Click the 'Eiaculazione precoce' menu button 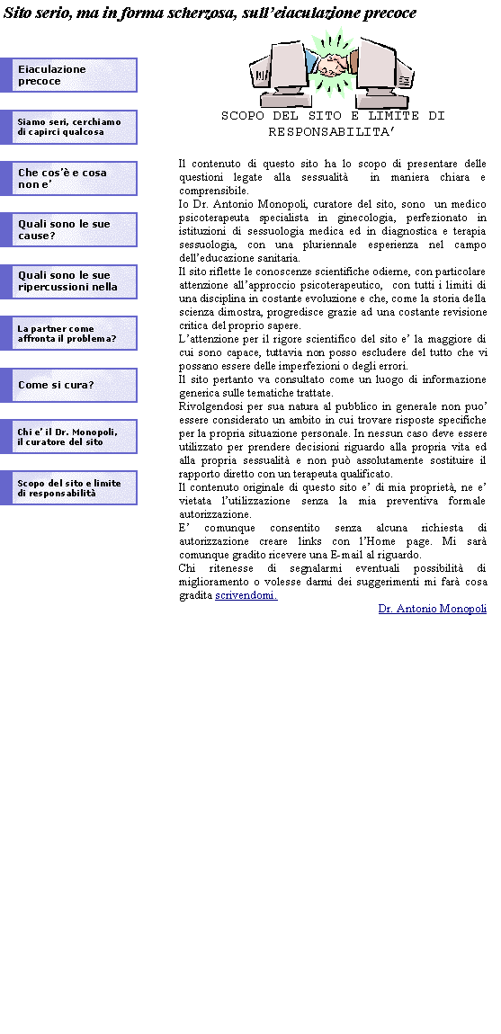click(x=68, y=76)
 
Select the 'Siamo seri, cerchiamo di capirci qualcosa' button click(x=68, y=128)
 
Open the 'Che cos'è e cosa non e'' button click(x=68, y=179)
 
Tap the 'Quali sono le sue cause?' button click(x=68, y=229)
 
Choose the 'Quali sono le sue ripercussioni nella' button click(x=68, y=281)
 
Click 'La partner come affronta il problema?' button click(x=68, y=333)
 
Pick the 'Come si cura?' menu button click(x=68, y=385)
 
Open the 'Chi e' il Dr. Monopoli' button click(x=68, y=437)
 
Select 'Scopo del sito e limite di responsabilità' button click(x=68, y=488)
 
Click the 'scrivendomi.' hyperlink click(x=246, y=595)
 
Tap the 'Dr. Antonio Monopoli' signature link click(x=433, y=609)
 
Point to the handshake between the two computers click(x=332, y=64)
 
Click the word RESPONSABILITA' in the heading click(x=332, y=132)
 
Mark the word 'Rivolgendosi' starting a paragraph click(x=210, y=406)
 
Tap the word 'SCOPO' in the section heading click(x=243, y=116)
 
